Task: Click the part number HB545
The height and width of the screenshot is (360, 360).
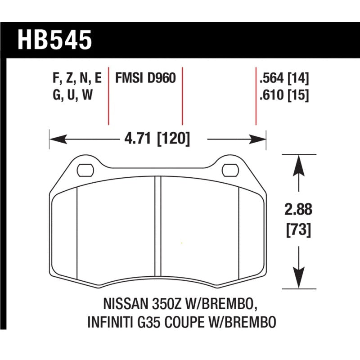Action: tap(54, 39)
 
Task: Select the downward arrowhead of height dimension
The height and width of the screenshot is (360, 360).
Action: tap(297, 281)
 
